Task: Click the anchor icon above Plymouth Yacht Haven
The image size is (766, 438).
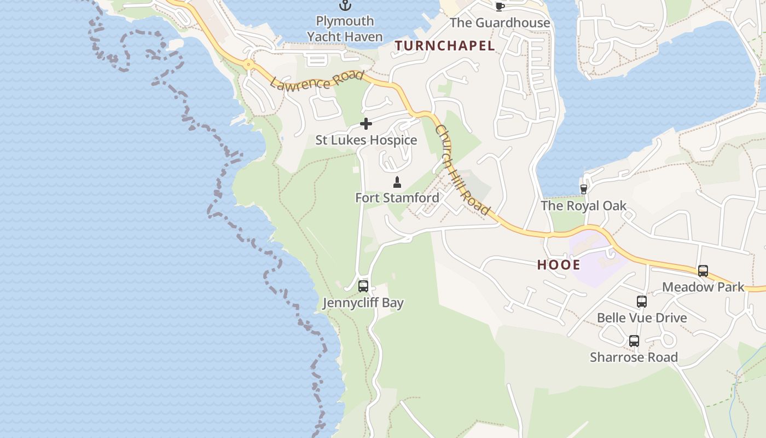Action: [345, 5]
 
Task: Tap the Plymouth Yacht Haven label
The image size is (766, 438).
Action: [345, 29]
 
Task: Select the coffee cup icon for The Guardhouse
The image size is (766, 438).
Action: [500, 6]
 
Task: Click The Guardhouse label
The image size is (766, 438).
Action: [500, 22]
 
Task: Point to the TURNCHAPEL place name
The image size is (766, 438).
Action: [445, 46]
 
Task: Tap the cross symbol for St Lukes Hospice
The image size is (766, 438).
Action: [366, 124]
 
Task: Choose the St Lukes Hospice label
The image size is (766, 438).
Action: [366, 140]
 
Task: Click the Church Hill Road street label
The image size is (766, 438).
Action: [462, 170]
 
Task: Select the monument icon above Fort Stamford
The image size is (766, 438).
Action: [397, 182]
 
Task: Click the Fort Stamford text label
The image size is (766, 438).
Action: [397, 198]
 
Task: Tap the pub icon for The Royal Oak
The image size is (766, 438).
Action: [583, 189]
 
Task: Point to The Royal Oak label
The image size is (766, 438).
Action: [583, 206]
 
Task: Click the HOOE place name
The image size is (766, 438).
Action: [558, 265]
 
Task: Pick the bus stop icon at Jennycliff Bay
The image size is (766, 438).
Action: [363, 286]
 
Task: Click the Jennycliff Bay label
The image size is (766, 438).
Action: [363, 303]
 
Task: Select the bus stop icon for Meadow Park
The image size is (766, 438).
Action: [703, 270]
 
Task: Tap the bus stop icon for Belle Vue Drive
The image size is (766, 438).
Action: [641, 301]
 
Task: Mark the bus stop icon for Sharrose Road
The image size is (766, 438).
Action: [634, 341]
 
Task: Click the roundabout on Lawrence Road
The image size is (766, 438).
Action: [249, 65]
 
